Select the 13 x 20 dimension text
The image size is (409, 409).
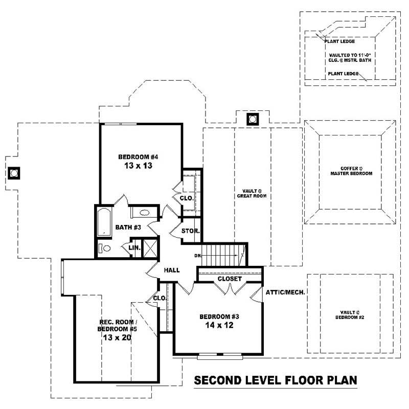pyautogui.click(x=117, y=337)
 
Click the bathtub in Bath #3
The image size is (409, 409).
pyautogui.click(x=104, y=221)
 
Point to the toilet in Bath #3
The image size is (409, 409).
pyautogui.click(x=105, y=248)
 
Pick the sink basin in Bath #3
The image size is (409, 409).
pyautogui.click(x=144, y=213)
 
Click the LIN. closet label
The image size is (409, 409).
pyautogui.click(x=134, y=248)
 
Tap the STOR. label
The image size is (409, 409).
pyautogui.click(x=191, y=231)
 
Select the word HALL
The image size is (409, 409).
pyautogui.click(x=171, y=270)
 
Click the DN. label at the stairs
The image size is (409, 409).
pyautogui.click(x=198, y=256)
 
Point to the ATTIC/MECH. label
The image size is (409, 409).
pyautogui.click(x=285, y=292)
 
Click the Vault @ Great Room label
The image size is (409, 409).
pyautogui.click(x=252, y=193)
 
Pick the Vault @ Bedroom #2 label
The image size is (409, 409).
pyautogui.click(x=350, y=314)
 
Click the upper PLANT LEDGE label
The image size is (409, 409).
pyautogui.click(x=341, y=41)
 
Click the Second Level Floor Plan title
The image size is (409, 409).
pyautogui.click(x=275, y=381)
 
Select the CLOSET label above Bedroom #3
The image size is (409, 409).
pyautogui.click(x=230, y=279)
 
